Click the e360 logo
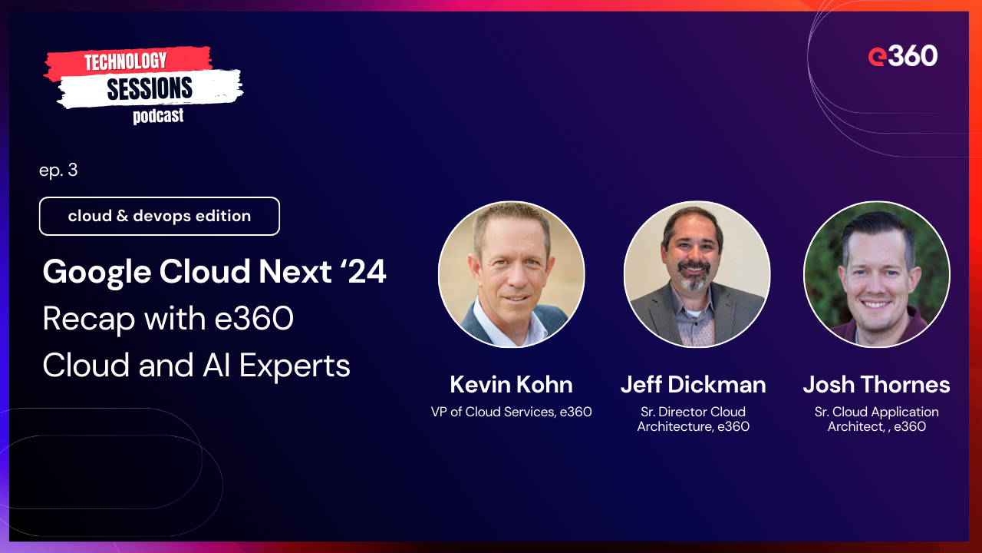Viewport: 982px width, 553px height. point(902,56)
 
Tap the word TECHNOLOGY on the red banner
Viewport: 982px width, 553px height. point(125,61)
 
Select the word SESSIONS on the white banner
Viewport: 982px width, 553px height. point(150,89)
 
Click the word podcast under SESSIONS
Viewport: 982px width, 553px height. point(158,117)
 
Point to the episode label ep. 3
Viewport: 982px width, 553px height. point(58,171)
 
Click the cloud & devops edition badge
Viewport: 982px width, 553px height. point(160,216)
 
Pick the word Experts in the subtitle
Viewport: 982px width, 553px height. point(295,366)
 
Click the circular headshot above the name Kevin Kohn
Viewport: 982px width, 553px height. point(511,274)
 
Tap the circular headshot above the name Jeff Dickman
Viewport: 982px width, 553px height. point(697,274)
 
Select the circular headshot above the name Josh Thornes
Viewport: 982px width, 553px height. point(876,274)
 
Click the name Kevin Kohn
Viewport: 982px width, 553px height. point(511,384)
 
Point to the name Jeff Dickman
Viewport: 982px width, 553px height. point(693,384)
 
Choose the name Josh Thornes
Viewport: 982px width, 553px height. point(876,384)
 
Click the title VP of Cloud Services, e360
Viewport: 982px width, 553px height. point(511,412)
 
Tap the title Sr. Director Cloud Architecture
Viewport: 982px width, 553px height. point(693,419)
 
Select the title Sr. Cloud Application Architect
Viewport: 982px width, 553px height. point(876,419)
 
